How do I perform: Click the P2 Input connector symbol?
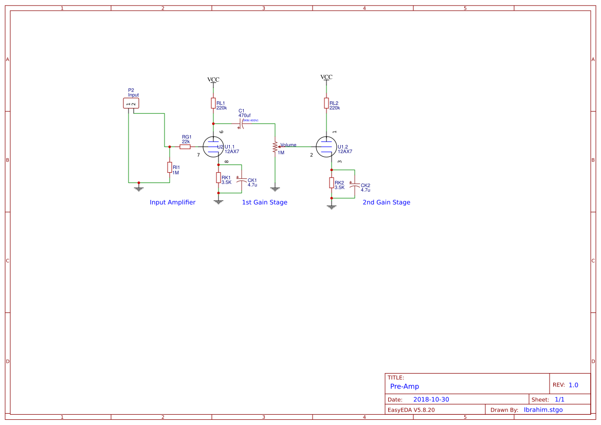tap(131, 103)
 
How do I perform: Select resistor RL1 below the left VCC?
tap(213, 103)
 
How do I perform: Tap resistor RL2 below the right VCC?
tap(326, 103)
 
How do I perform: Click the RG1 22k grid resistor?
tap(185, 146)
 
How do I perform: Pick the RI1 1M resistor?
tap(169, 167)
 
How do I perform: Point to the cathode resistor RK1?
tap(218, 178)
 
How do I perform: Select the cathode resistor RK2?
tap(332, 183)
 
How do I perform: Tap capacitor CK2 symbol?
tap(354, 183)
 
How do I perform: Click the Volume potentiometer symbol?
tap(276, 147)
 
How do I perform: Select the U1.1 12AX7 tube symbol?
tap(213, 147)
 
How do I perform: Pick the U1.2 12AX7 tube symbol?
tap(326, 147)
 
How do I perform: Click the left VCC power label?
tap(213, 80)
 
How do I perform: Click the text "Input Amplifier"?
tap(172, 202)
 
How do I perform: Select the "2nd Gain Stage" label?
tap(386, 202)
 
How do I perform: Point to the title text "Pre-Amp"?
tap(405, 386)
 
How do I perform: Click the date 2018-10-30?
tap(431, 400)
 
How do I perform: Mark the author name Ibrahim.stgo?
tap(543, 410)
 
